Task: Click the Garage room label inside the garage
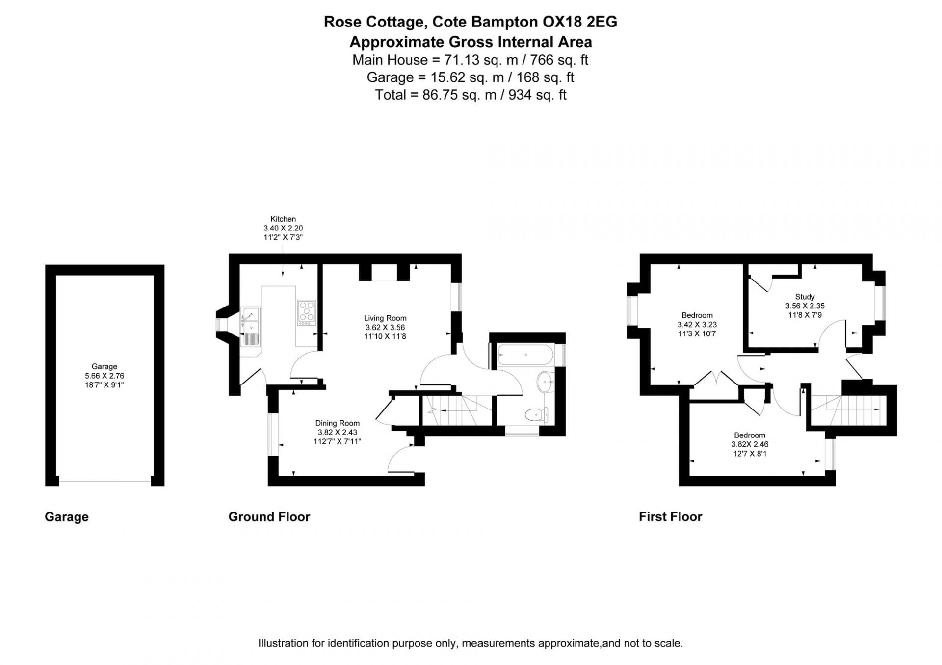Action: click(104, 366)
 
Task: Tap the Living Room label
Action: click(385, 318)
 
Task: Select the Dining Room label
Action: click(338, 423)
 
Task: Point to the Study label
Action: click(805, 297)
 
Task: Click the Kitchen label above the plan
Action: click(283, 219)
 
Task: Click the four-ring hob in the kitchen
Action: click(307, 312)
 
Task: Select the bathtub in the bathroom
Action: click(525, 355)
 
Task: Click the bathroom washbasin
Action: click(545, 382)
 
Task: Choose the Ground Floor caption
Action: click(269, 517)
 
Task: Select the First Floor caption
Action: click(670, 517)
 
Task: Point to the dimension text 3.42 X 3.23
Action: click(697, 325)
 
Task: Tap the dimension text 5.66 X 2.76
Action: click(104, 376)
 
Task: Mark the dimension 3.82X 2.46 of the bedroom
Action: click(750, 444)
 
